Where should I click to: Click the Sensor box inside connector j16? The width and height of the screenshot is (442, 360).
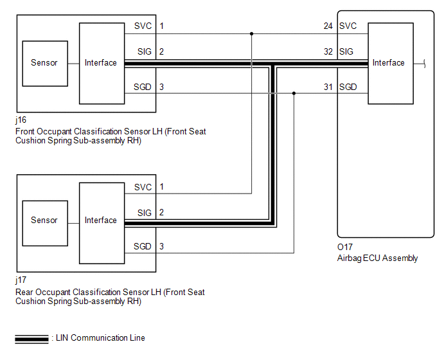pos(44,63)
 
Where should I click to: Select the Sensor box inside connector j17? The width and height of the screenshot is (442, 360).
pos(44,221)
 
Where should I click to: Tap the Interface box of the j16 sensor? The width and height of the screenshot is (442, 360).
pos(102,63)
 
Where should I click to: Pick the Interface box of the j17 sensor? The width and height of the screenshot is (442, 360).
pos(102,221)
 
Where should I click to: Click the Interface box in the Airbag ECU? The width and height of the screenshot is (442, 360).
pos(389,63)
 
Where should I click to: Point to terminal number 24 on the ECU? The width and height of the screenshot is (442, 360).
pos(329,26)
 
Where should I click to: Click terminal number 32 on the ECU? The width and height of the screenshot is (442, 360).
pos(329,51)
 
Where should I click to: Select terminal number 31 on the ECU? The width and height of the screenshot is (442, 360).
pos(329,87)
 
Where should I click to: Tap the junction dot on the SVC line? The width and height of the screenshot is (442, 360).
pos(252,33)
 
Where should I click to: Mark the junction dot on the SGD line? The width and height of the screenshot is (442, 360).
pos(294,94)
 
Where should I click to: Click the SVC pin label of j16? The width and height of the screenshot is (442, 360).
pos(143,26)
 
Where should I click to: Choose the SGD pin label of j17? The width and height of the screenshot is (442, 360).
pos(143,247)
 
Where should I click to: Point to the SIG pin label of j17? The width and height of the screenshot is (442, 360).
pos(145,213)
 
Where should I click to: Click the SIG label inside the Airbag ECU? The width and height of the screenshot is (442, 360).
pos(348,51)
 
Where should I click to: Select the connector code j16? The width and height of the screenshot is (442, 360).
pos(21,120)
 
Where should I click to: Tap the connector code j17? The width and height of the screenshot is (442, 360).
pos(21,281)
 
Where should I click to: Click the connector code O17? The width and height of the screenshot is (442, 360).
pos(346,247)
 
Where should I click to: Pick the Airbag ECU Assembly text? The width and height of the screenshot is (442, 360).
pos(378,258)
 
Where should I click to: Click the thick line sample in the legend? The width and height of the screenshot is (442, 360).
pos(31,338)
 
